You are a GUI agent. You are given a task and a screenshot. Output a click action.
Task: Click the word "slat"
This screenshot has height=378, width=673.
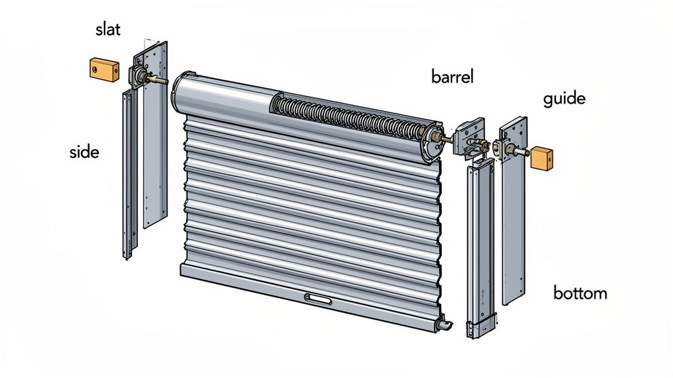108,30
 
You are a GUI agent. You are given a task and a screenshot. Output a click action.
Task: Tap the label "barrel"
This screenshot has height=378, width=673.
453,76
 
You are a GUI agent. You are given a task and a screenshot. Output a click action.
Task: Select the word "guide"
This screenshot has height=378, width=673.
564,99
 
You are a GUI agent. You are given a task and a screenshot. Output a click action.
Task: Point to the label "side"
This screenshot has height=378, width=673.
83,152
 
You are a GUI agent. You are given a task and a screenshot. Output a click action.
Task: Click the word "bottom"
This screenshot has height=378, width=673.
580,293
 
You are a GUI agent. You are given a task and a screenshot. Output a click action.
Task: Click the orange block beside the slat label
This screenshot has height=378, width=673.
103,68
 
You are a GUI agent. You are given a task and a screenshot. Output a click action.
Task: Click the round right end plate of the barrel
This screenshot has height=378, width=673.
434,140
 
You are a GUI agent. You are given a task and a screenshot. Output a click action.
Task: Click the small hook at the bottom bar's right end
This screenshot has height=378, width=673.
444,325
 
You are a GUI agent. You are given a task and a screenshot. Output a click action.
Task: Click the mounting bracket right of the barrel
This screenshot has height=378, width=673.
468,138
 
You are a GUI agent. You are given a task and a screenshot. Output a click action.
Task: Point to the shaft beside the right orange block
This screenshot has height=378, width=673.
524,152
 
